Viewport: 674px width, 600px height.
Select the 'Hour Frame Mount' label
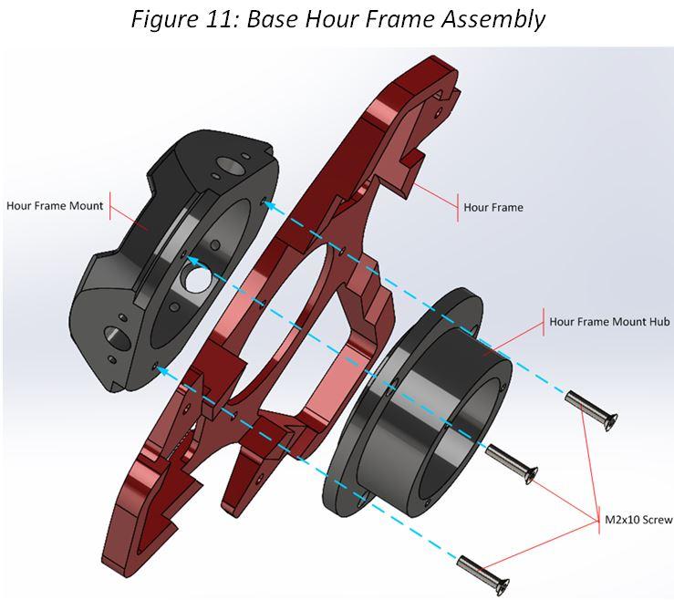coord(55,206)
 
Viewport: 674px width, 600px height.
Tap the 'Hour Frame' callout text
coord(493,207)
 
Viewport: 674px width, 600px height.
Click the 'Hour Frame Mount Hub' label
coord(609,321)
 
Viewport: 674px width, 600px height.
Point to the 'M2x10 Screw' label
coord(638,521)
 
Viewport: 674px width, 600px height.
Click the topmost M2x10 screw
coord(591,409)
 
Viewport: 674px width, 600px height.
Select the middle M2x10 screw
coord(512,462)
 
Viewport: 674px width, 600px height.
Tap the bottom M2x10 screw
coord(484,569)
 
